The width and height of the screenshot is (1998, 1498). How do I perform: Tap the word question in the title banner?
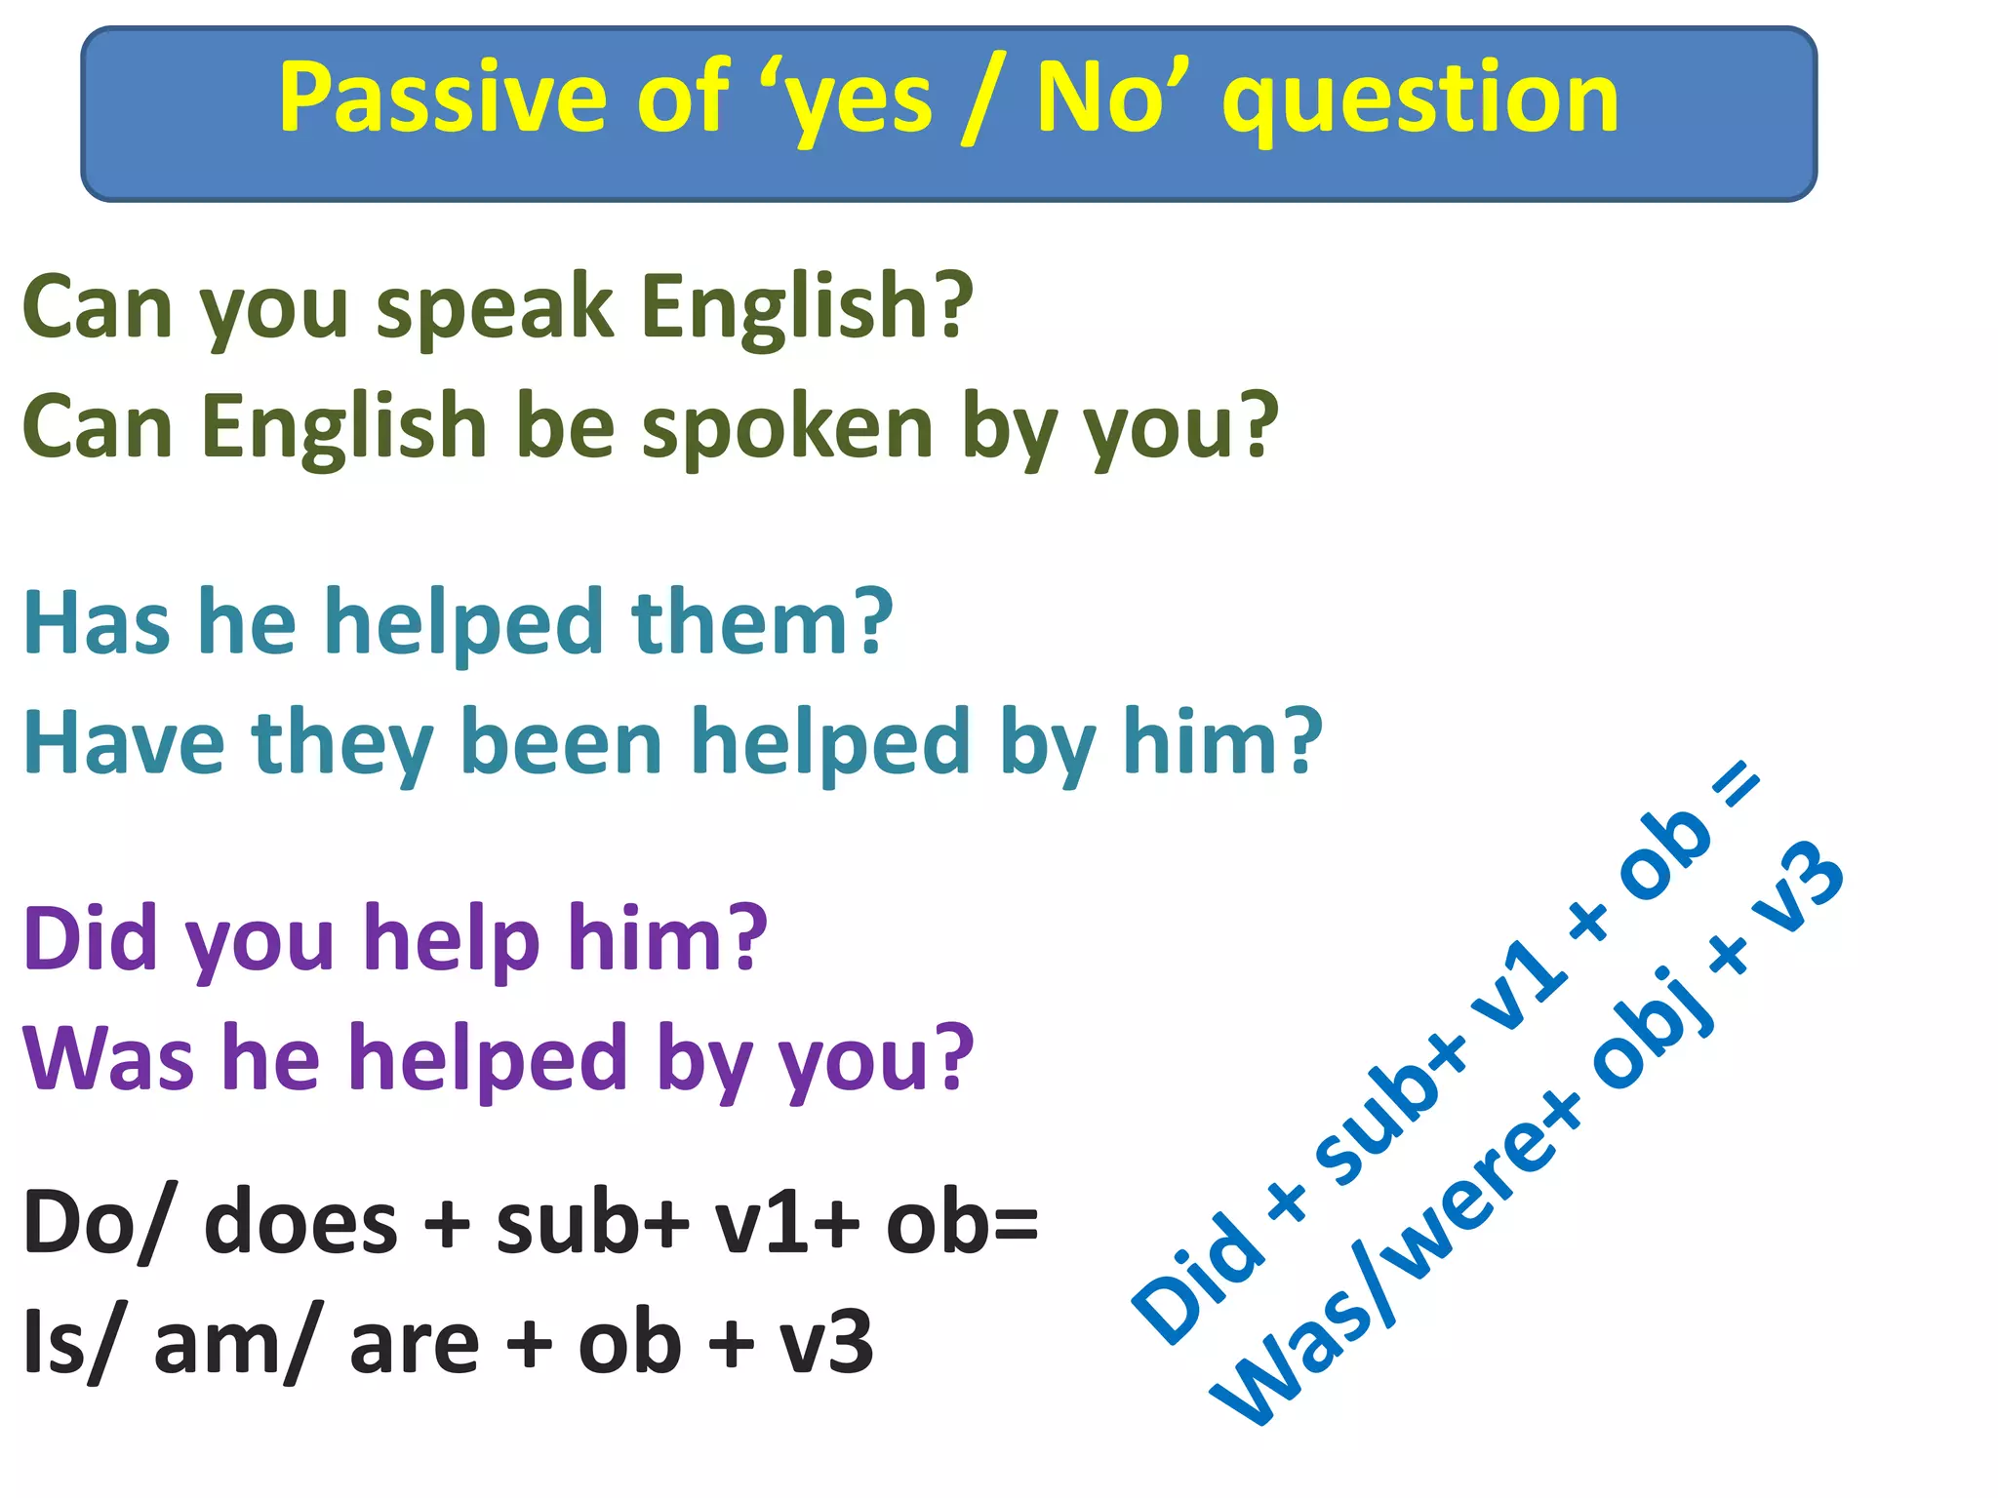coord(1420,100)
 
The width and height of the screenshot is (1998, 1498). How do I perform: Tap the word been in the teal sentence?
coord(561,743)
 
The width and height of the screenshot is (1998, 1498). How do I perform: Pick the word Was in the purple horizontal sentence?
coord(108,1059)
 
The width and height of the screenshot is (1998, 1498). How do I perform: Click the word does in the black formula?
coord(300,1224)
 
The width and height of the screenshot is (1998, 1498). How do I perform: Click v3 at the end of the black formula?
coord(825,1344)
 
